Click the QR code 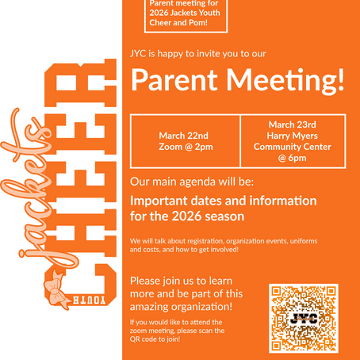304,319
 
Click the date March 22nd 185,135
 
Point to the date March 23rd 293,124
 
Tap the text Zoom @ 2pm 185,147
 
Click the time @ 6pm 293,158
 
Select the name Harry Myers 293,136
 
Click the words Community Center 293,147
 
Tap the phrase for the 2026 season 188,216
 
